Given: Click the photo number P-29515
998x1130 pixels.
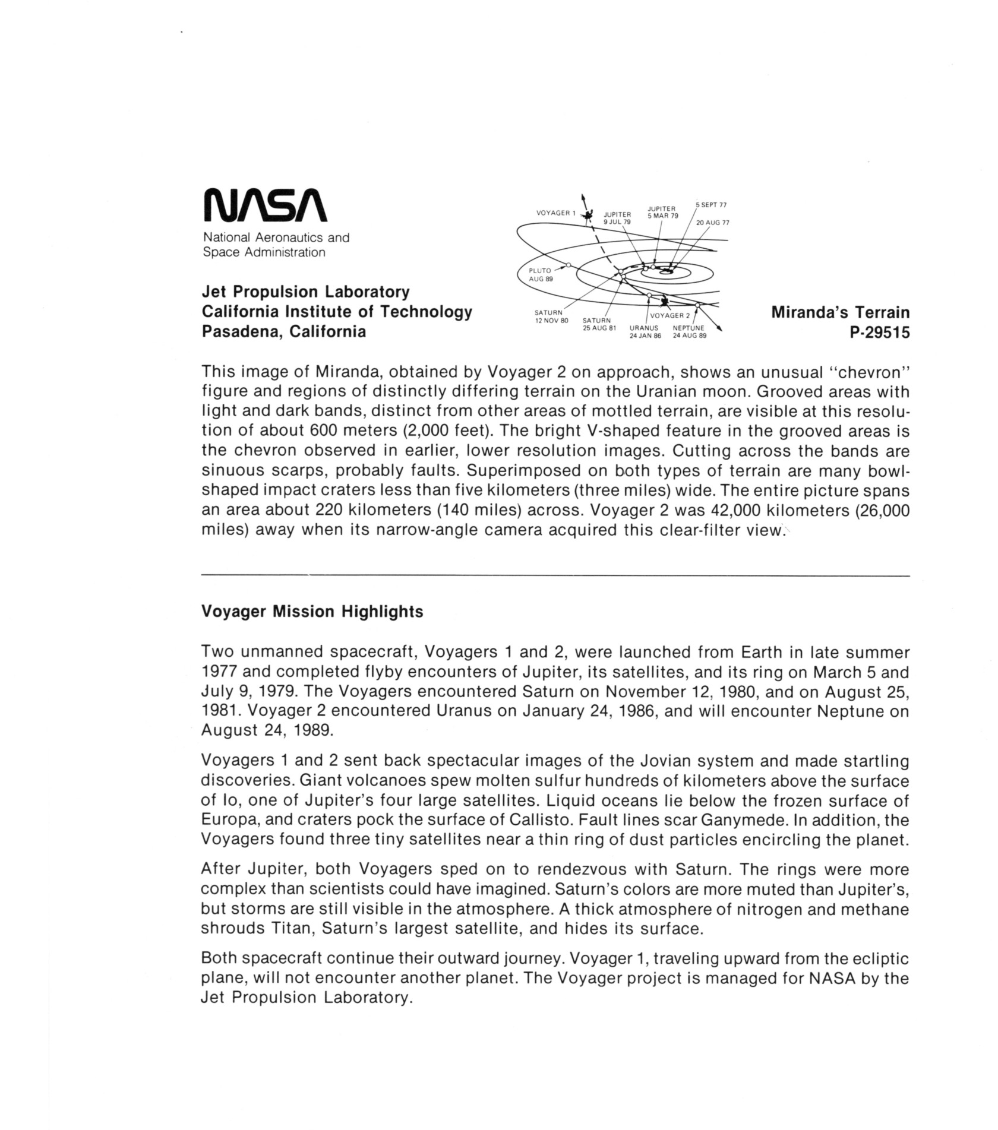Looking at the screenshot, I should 880,333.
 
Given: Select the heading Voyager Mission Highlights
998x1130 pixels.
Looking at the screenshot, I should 312,612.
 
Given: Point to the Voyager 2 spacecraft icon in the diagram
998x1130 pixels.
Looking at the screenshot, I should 665,302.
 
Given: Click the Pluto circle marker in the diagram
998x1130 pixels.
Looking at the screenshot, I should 569,265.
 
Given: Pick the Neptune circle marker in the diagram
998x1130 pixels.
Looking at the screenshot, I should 698,305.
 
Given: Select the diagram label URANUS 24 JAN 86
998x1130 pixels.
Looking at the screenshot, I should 645,331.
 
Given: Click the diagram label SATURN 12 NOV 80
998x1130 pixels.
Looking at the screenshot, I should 551,316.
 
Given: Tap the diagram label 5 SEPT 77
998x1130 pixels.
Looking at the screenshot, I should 711,205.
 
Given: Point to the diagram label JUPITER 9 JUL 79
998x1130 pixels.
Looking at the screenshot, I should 617,218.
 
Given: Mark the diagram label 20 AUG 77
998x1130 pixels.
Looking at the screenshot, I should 712,223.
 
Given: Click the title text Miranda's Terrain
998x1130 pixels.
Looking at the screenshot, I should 840,312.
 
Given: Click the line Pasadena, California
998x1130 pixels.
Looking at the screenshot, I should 284,331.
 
